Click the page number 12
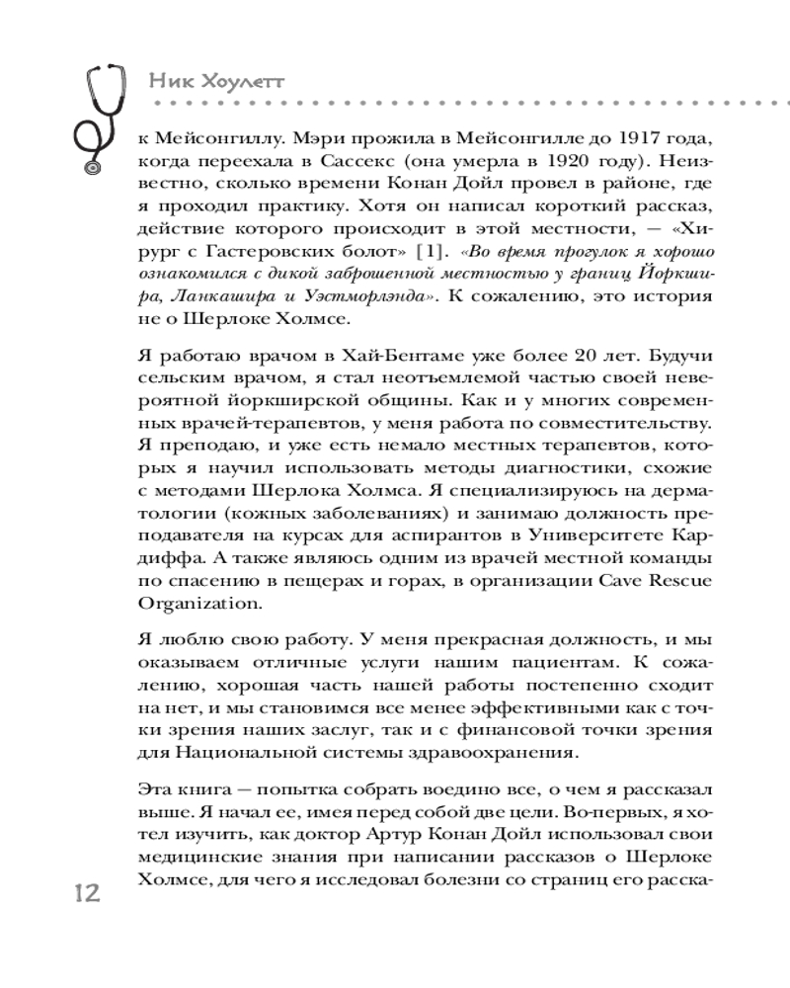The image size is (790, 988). (x=91, y=896)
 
